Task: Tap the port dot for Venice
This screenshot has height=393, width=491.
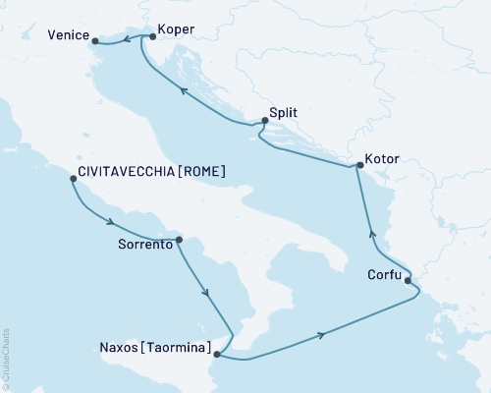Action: pyautogui.click(x=95, y=40)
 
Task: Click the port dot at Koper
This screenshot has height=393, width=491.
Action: pyautogui.click(x=154, y=36)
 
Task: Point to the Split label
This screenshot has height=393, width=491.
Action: pyautogui.click(x=286, y=113)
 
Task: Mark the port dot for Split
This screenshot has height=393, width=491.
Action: pyautogui.click(x=264, y=122)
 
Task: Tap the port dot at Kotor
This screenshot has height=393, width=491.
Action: pyautogui.click(x=359, y=166)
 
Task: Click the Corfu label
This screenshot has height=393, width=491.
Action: pyautogui.click(x=384, y=275)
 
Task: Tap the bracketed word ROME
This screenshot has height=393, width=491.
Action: pyautogui.click(x=203, y=171)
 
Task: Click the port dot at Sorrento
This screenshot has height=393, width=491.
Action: pyautogui.click(x=179, y=238)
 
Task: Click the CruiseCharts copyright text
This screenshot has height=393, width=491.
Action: pyautogui.click(x=5, y=360)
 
